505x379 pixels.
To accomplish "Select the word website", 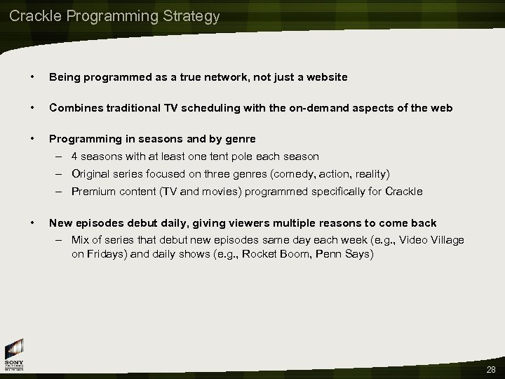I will (x=324, y=77).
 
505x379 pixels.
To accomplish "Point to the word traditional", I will (x=137, y=107).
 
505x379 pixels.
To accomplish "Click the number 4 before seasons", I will (x=74, y=156).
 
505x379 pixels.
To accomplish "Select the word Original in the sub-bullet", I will (x=90, y=173).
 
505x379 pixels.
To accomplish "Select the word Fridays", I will (x=104, y=254).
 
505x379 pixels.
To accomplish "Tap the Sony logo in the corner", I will (x=14, y=354).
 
